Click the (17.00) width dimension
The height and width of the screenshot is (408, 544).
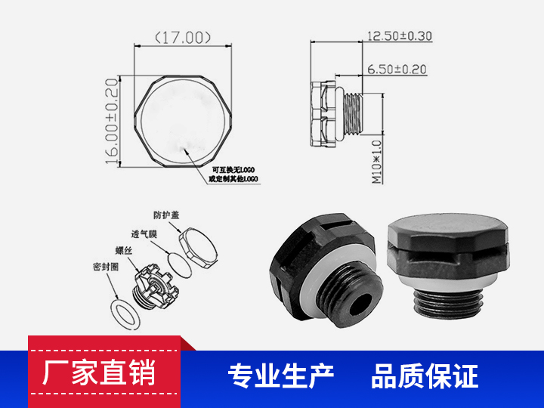coord(182,37)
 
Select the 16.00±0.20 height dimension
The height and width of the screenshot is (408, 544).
coord(112,121)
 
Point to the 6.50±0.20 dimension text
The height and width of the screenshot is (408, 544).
coord(397,70)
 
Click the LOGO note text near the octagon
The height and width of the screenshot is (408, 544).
coord(234,175)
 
